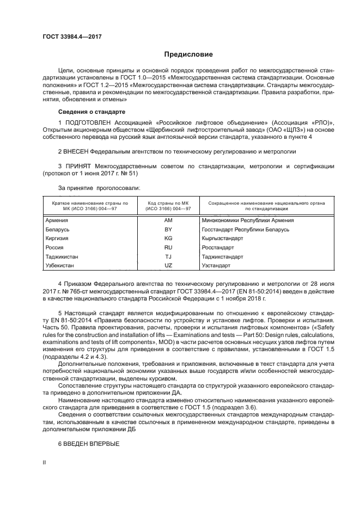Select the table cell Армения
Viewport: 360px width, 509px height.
(58, 220)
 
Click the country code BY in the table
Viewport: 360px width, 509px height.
(168, 230)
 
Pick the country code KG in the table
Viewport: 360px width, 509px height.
(168, 238)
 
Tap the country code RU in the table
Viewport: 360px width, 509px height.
(168, 248)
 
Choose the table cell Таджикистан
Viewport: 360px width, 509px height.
(63, 256)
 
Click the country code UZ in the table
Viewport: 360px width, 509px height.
(168, 265)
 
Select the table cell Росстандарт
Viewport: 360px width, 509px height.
(216, 248)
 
